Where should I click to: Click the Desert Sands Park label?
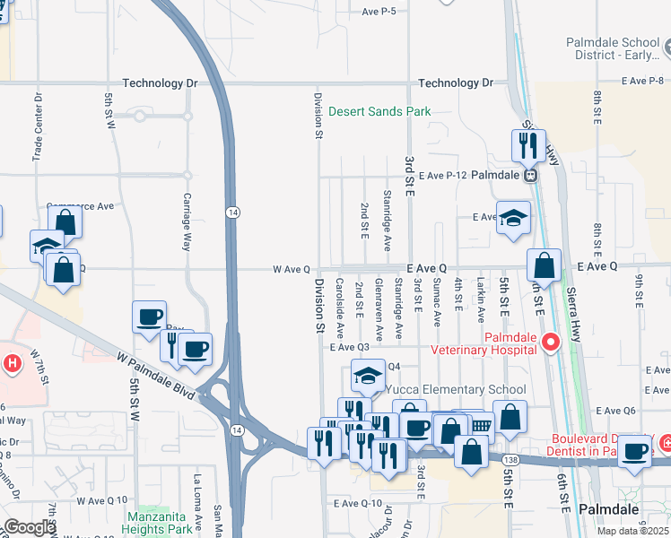point(379,112)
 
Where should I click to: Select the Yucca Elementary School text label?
point(455,390)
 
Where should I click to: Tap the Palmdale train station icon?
point(530,175)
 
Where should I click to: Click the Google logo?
point(29,527)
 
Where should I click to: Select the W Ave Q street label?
point(292,268)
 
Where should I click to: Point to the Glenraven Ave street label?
point(379,308)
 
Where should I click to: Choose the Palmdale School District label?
point(618,49)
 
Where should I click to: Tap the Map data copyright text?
point(633,531)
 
